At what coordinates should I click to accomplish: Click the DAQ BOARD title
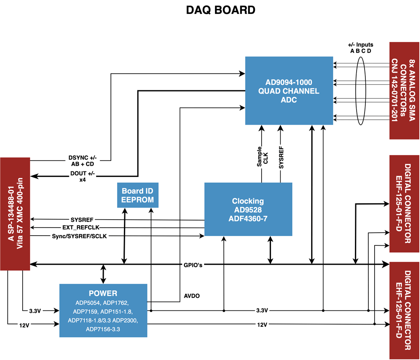point(220,10)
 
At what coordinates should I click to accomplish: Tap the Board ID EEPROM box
point(138,195)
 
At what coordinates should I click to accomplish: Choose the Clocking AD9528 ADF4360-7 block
point(248,209)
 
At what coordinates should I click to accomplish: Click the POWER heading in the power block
point(103,293)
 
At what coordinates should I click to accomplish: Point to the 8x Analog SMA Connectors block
point(404,90)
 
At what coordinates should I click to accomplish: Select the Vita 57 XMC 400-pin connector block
point(15,214)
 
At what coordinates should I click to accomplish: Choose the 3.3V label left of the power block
point(35,311)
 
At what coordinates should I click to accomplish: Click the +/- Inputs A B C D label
point(360,47)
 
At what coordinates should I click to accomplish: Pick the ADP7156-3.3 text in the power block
point(102,329)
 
